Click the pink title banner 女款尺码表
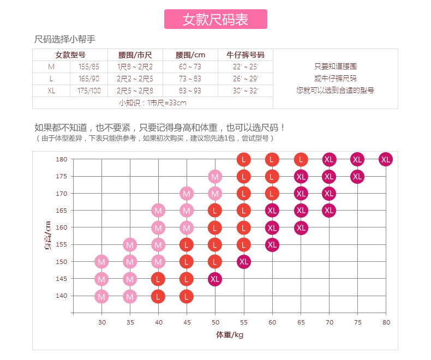point(215,19)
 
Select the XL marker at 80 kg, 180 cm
point(386,159)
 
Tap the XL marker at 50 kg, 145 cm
point(215,279)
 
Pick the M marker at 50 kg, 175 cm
point(215,176)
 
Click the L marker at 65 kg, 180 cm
point(301,159)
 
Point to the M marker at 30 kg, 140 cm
point(101,296)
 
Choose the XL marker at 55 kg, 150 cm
point(244,261)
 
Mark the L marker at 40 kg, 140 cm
point(158,296)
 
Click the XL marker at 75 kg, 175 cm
point(357,176)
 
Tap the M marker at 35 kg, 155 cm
point(130,245)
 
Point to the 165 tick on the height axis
point(61,211)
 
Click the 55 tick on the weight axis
point(244,322)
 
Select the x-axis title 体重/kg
point(229,335)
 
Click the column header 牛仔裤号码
point(245,55)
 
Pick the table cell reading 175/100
point(89,91)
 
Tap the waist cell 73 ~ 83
point(190,79)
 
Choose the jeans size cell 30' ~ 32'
point(245,91)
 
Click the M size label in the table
point(51,67)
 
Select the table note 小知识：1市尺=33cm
point(153,103)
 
